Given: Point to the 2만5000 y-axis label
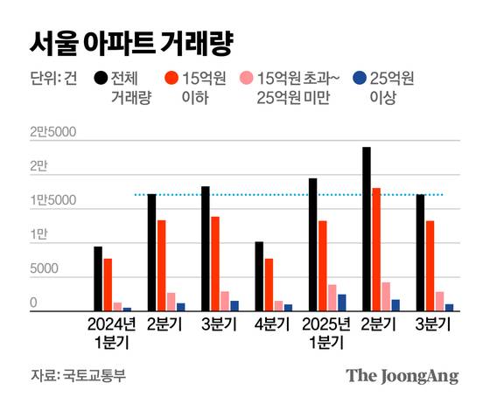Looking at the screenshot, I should coord(53,133).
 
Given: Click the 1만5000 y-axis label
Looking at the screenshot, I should coord(53,201).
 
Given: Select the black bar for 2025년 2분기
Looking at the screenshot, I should coord(366,229).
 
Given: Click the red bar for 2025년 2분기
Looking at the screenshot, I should coord(376,249).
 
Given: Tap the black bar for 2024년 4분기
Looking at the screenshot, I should coord(259,276).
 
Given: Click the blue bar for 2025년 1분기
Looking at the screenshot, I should coord(342,303).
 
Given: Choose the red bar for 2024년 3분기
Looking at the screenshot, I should coord(215,263).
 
